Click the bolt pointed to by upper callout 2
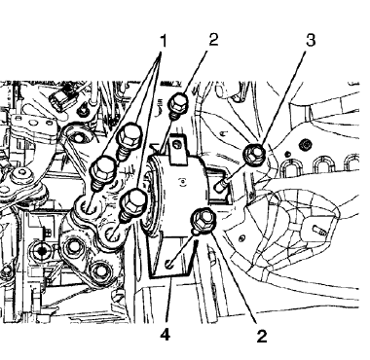[179, 105]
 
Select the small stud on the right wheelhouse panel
[318, 232]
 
